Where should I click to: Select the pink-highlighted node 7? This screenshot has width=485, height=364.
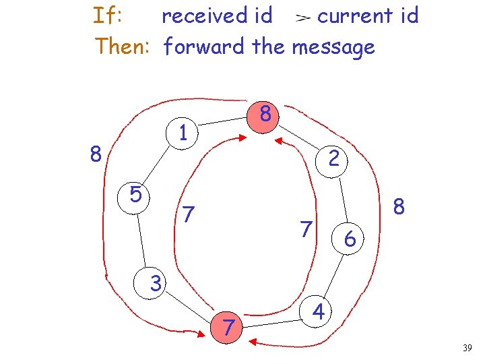[229, 328]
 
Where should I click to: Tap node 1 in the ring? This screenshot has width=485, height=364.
[183, 132]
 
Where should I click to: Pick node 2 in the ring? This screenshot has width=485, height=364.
[333, 159]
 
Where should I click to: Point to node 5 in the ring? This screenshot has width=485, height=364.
[135, 195]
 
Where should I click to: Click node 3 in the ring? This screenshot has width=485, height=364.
[156, 284]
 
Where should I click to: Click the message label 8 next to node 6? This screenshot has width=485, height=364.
[399, 206]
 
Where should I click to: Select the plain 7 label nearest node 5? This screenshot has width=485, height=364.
[189, 215]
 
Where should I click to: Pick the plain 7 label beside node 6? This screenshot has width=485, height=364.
[306, 229]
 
